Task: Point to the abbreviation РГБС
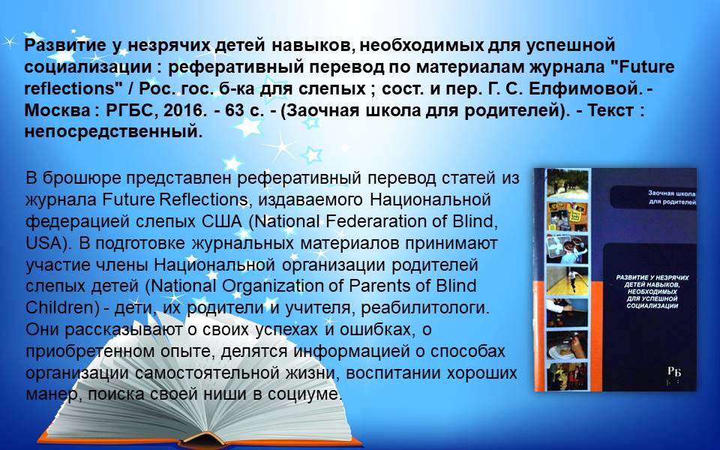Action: (130, 110)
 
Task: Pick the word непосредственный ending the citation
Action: (113, 132)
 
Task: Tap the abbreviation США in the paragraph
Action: (222, 221)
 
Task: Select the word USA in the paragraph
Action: (44, 243)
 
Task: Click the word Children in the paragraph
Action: (60, 307)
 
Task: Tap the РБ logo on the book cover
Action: (674, 371)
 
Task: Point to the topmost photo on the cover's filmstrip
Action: (568, 184)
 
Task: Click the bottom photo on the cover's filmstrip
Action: (568, 376)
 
